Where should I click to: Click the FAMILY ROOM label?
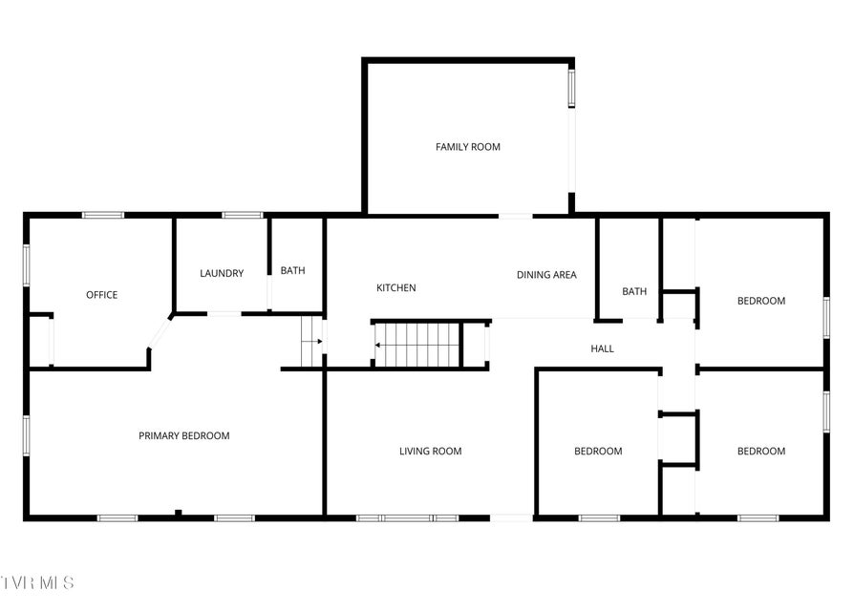(x=468, y=147)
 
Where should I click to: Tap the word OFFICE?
(x=102, y=295)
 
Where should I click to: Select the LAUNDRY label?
(x=222, y=273)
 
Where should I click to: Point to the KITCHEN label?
(x=396, y=287)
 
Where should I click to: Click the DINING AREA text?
(x=546, y=275)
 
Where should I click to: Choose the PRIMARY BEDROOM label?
(x=184, y=435)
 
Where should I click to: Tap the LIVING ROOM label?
(x=430, y=451)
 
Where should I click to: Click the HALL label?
(x=603, y=348)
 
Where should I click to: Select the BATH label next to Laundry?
(x=292, y=270)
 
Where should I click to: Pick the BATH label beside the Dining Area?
(x=634, y=291)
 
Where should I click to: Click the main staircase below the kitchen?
(x=417, y=345)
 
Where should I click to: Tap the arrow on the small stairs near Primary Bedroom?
(x=312, y=342)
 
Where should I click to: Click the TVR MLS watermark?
(x=37, y=583)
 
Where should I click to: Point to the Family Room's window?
(x=572, y=88)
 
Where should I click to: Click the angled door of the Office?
(x=160, y=333)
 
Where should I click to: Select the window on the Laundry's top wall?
(x=243, y=216)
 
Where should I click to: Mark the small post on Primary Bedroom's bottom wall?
(x=178, y=513)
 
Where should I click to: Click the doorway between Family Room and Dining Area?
(x=515, y=216)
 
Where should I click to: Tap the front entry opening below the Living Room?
(x=511, y=518)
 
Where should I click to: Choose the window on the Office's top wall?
(x=103, y=216)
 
